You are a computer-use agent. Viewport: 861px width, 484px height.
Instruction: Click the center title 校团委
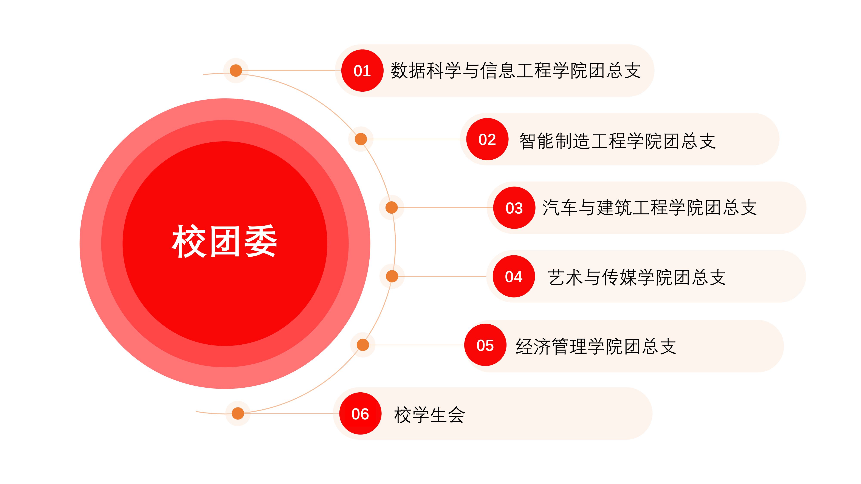[x=225, y=241]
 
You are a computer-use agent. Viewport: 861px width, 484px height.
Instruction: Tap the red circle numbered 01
[x=362, y=71]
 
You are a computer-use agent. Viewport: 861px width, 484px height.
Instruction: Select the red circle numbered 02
[x=487, y=139]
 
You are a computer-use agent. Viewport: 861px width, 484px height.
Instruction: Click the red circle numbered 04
[x=514, y=276]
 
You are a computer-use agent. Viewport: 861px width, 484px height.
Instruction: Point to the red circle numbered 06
[x=360, y=413]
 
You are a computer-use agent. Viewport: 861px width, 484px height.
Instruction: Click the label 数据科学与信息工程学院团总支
[x=516, y=71]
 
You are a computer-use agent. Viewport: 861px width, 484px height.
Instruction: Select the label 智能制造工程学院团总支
[x=617, y=141]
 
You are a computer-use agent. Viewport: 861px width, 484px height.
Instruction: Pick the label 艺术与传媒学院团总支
[x=637, y=277]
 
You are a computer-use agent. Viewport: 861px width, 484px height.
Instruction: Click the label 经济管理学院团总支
[x=596, y=346]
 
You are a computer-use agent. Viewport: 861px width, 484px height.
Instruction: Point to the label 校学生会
[x=429, y=415]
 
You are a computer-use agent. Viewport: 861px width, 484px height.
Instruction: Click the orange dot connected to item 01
[x=236, y=71]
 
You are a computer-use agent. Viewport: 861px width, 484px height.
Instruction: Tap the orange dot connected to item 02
[x=361, y=139]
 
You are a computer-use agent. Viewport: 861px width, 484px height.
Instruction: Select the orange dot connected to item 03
[x=391, y=207]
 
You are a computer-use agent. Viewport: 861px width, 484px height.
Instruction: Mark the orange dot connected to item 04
[x=392, y=276]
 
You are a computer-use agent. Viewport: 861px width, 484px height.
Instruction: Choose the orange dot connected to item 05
[x=363, y=345]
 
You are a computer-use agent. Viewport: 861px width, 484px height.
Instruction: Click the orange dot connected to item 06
[x=238, y=413]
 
